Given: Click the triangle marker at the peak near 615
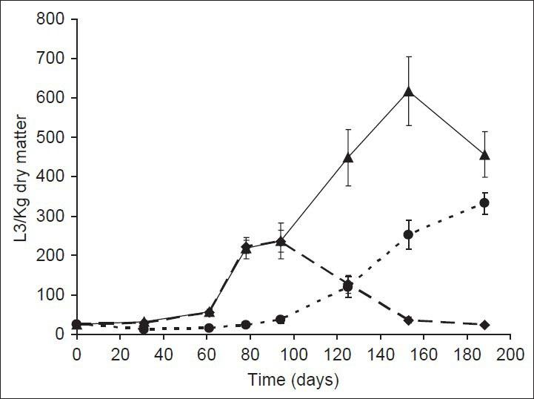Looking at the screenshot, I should tap(408, 91).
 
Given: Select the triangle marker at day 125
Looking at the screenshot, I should tap(348, 157).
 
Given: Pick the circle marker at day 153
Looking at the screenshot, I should tap(408, 234).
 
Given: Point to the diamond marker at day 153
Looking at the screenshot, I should tap(408, 320).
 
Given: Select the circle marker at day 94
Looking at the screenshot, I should tap(280, 319).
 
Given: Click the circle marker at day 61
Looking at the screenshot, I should tap(209, 328).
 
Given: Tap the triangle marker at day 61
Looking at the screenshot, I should tap(209, 312).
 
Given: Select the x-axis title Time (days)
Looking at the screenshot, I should tap(293, 381).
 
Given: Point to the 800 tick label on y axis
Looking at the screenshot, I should tap(53, 19).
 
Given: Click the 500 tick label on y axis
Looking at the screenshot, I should tap(53, 137).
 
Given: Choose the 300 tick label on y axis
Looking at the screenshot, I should tap(53, 216).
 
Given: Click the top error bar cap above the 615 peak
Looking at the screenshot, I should tap(408, 56).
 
